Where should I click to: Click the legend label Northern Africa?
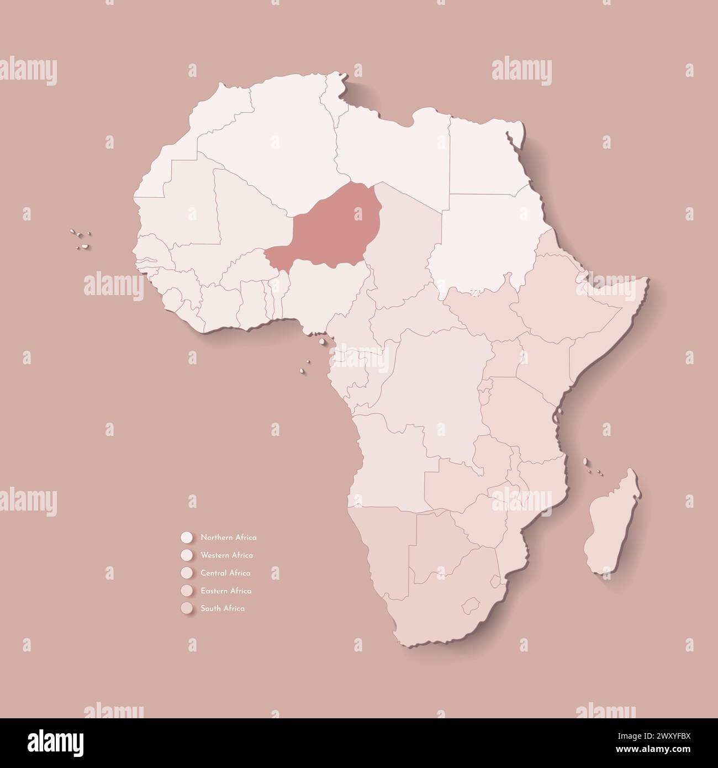228,537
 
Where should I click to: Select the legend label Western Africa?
226,555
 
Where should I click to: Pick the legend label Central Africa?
225,573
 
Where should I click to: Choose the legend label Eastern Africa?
226,591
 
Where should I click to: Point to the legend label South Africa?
223,608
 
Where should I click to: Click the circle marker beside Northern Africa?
186,537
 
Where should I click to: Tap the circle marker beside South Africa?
186,608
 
